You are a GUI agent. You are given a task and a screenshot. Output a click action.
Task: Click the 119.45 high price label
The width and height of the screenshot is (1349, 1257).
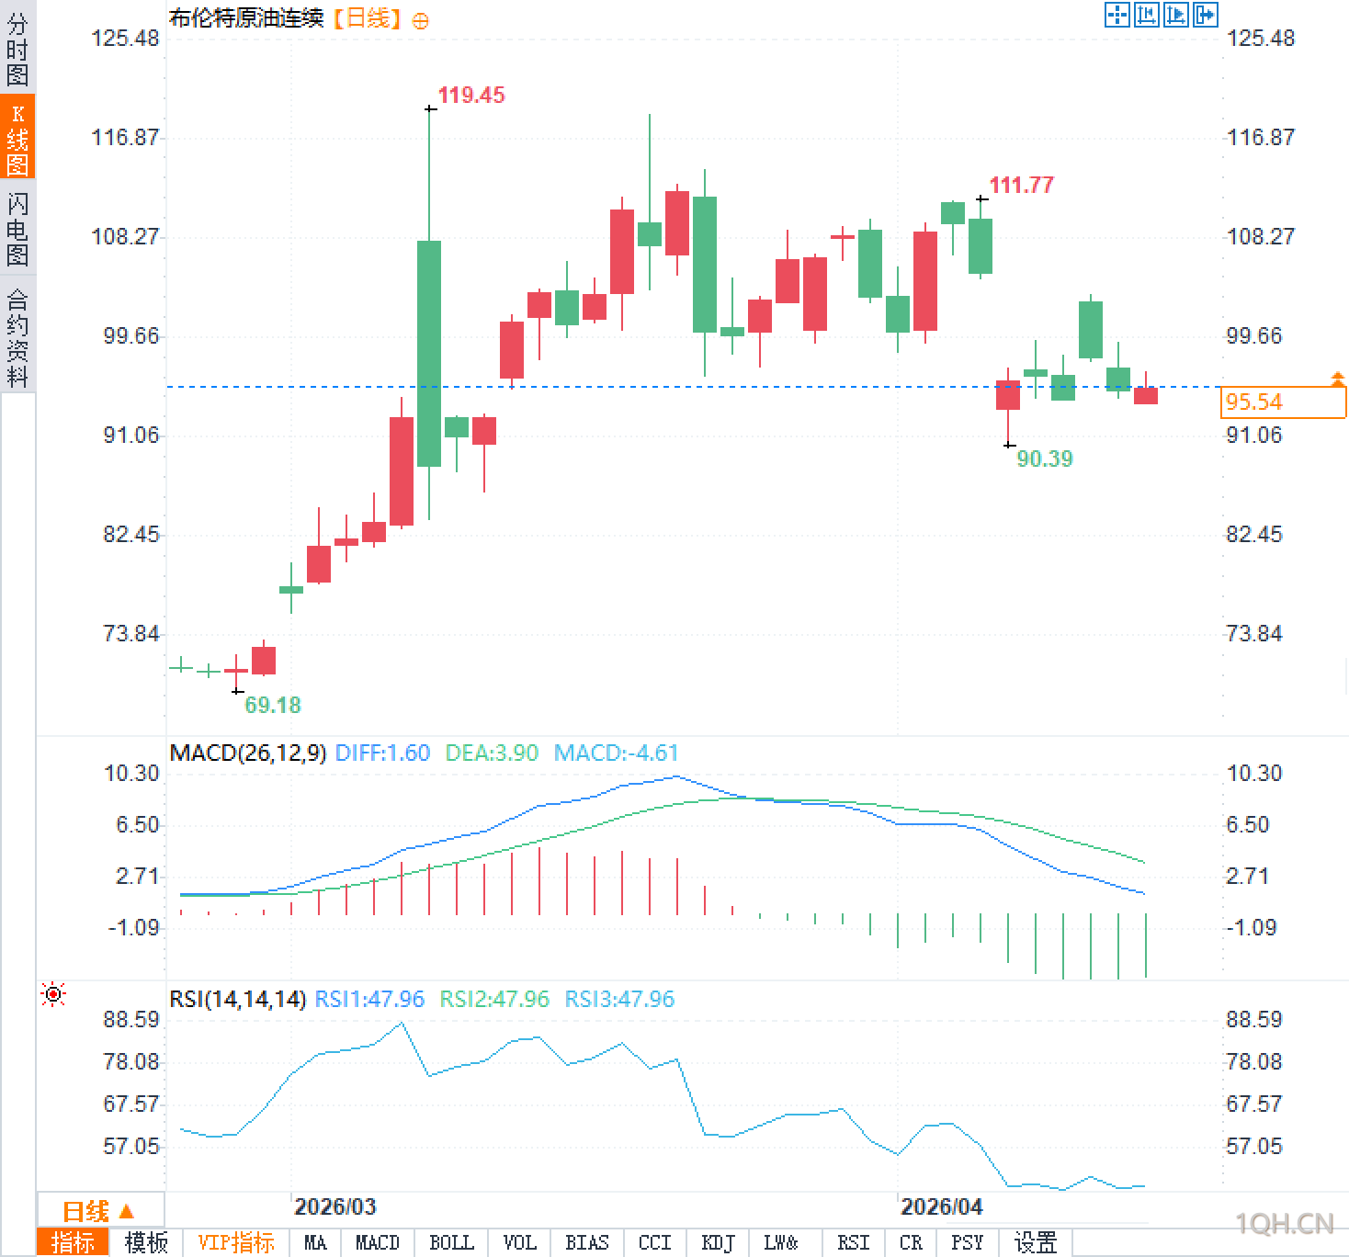(470, 96)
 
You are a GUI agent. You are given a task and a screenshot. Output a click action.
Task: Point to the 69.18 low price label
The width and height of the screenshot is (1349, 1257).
(273, 706)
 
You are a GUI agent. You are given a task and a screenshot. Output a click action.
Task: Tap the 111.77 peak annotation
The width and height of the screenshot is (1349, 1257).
(1021, 186)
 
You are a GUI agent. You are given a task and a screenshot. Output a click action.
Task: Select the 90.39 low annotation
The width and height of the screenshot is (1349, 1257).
(1045, 459)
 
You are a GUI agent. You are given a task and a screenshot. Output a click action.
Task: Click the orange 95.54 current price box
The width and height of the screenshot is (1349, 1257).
(1283, 402)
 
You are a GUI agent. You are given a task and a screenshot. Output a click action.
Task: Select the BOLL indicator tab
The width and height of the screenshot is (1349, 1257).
(451, 1243)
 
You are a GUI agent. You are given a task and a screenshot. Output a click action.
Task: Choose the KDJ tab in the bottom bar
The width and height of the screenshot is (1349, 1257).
(718, 1243)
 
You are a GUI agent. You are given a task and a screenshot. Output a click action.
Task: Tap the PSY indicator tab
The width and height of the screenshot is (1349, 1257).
(967, 1243)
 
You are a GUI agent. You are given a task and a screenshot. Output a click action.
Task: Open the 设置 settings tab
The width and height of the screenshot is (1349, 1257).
(1036, 1243)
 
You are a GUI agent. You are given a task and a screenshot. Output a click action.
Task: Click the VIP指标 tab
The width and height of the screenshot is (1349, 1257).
(236, 1243)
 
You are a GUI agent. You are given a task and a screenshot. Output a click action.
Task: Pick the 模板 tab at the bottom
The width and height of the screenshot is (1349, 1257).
(146, 1243)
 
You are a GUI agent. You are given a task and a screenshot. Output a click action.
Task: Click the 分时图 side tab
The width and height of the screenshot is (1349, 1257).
(17, 50)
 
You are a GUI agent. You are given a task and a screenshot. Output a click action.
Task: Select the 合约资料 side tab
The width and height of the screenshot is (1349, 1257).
(17, 337)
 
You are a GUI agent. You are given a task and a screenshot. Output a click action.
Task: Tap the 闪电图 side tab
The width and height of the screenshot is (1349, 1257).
(17, 230)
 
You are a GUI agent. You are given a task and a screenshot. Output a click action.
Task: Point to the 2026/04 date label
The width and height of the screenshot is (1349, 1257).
(941, 1206)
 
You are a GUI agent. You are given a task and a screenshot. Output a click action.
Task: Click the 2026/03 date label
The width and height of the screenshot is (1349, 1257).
(335, 1206)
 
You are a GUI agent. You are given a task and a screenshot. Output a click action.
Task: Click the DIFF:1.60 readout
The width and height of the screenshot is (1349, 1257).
(382, 753)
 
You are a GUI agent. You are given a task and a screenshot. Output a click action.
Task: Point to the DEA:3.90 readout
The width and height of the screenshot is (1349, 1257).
(492, 753)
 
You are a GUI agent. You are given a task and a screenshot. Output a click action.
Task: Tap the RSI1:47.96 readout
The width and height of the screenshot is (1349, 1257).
(369, 1000)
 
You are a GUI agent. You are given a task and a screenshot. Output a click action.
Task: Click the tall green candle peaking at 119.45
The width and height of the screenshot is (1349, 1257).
(429, 354)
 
